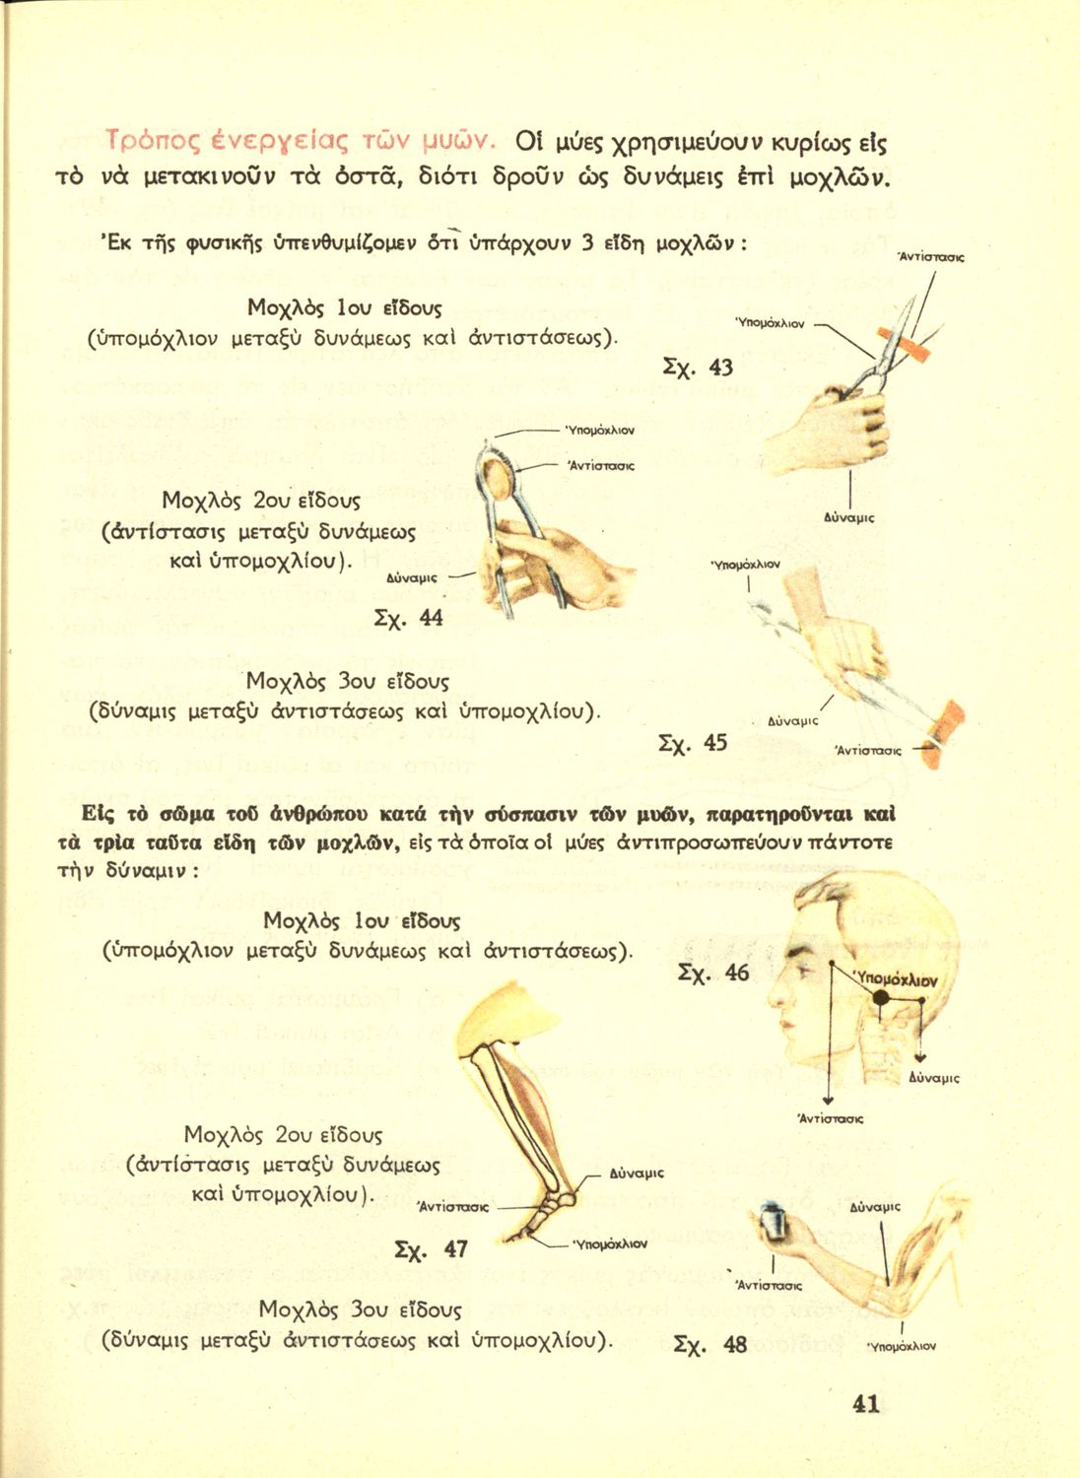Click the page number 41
(865, 1403)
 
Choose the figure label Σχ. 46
(713, 974)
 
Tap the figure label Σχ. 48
(709, 1344)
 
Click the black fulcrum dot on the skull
(881, 998)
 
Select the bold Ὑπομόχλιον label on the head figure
(897, 979)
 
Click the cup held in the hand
(776, 1224)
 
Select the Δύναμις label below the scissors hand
(848, 516)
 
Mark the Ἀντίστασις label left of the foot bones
(454, 1206)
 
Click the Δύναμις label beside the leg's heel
(637, 1174)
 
